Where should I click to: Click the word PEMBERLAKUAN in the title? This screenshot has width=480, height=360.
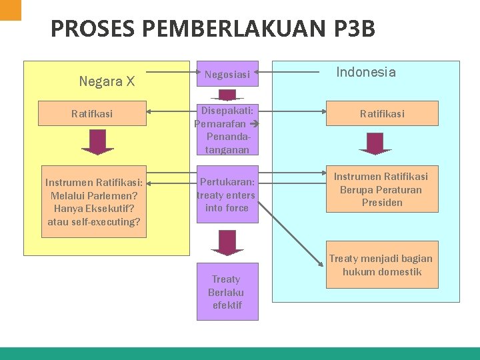229,29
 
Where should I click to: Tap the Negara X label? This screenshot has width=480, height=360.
107,81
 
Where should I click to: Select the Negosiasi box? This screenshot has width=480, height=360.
227,75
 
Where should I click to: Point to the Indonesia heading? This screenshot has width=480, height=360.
366,72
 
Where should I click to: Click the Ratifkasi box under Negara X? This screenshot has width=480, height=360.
92,114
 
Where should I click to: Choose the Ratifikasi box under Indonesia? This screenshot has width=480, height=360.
382,114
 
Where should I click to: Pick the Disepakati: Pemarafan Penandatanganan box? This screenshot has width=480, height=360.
227,129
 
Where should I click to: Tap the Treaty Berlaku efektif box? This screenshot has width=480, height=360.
227,292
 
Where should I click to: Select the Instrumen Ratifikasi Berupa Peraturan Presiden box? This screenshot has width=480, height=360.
382,189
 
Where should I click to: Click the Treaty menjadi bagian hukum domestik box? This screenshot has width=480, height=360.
382,265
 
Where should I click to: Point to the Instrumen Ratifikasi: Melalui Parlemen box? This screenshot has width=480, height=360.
94,201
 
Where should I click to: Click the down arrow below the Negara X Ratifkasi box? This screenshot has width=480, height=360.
98,143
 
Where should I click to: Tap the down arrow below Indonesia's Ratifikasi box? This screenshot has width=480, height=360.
375,143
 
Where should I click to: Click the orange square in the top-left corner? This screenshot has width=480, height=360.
11,9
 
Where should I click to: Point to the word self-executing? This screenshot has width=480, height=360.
107,221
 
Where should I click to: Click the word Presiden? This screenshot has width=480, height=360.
382,203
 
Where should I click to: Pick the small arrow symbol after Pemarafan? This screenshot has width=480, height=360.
254,125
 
